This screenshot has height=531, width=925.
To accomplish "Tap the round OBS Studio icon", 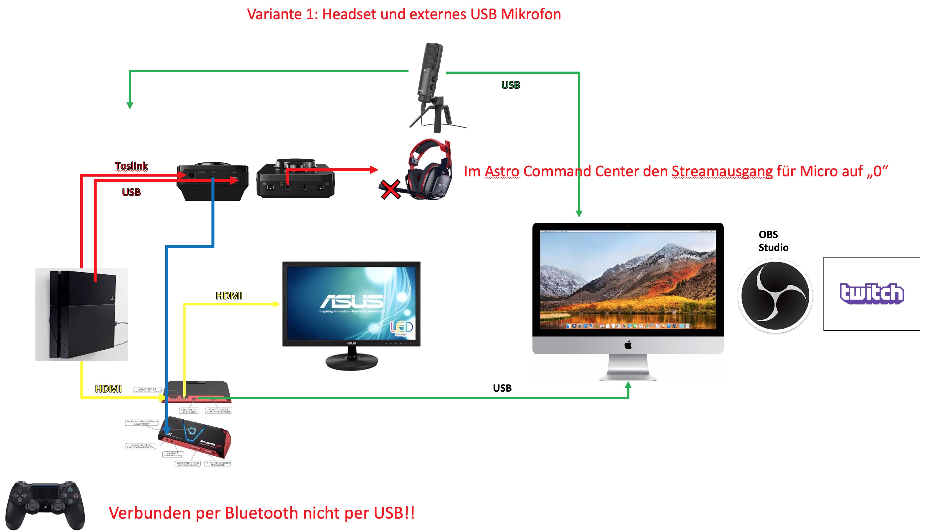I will click(x=775, y=296).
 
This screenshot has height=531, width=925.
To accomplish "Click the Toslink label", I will click(x=131, y=166).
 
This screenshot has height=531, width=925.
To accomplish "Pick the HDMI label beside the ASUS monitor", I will click(x=229, y=296).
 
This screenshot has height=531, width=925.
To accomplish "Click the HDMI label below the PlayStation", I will click(x=108, y=389).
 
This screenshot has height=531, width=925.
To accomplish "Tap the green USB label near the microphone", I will click(x=511, y=85).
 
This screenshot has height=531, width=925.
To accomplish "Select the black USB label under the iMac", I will click(x=502, y=388).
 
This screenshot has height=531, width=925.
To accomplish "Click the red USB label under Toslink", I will click(x=131, y=192).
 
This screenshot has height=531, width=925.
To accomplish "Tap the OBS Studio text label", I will click(x=773, y=241).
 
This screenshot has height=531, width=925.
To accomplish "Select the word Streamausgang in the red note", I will click(x=722, y=171).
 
